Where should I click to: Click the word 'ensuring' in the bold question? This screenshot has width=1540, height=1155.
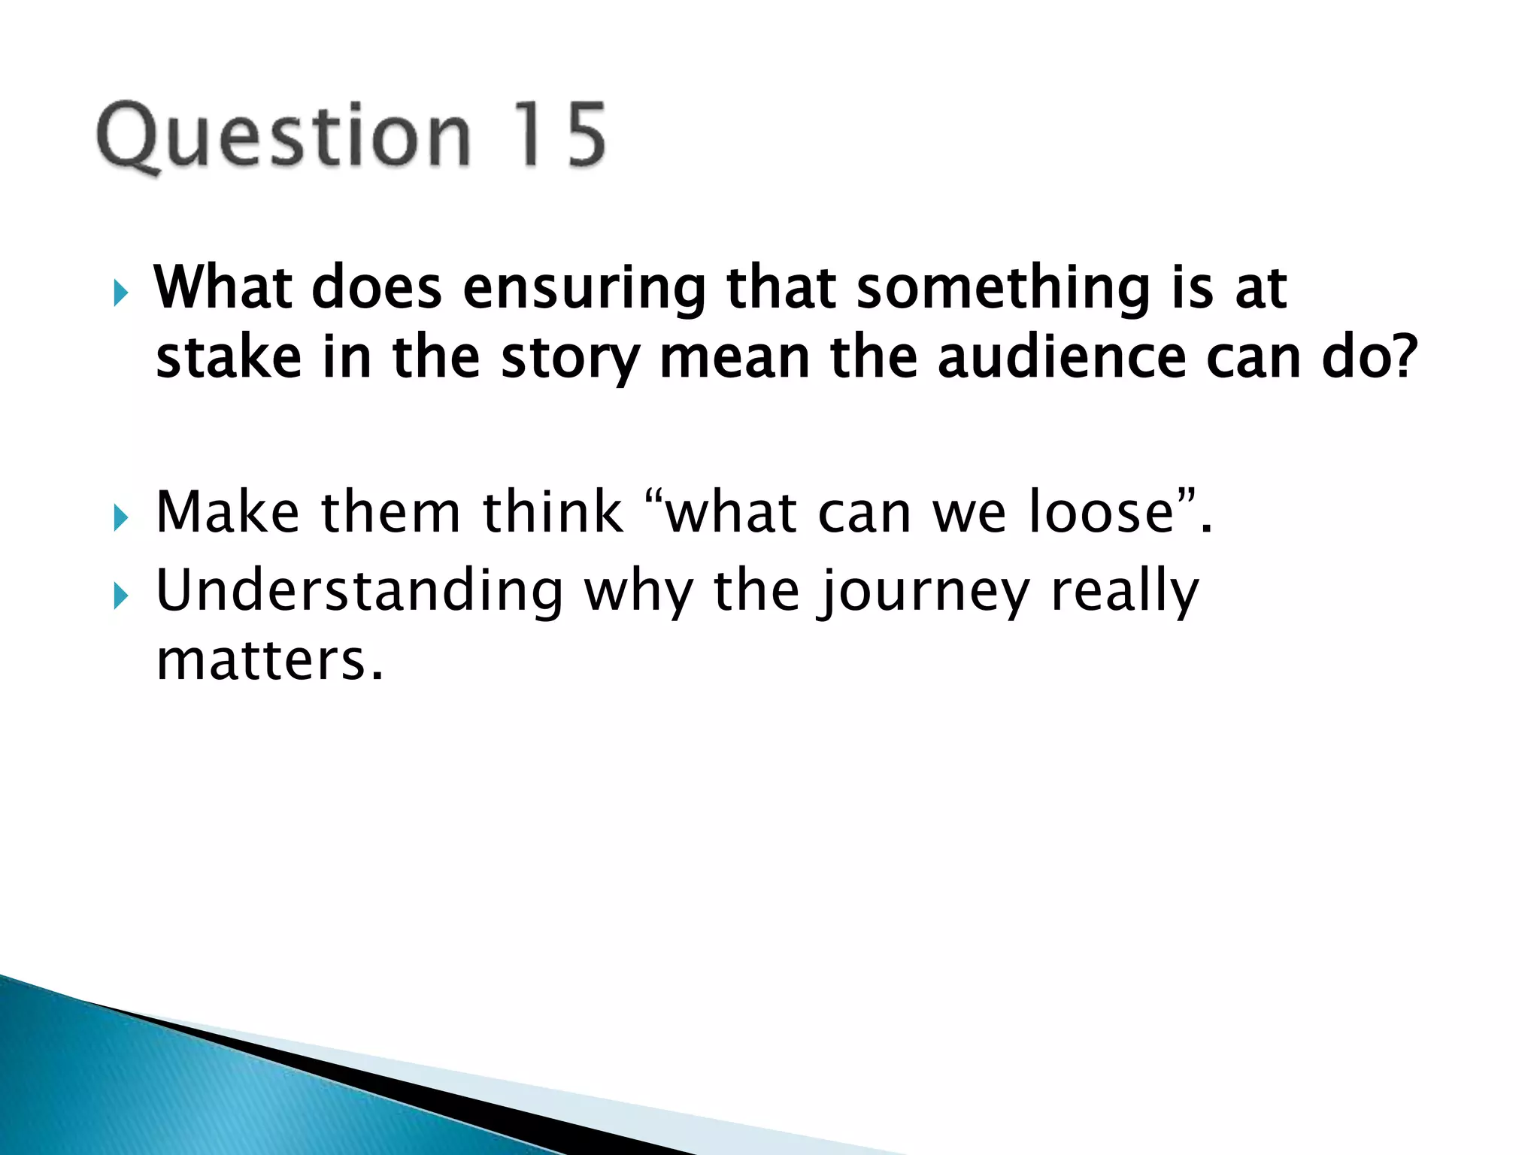584,289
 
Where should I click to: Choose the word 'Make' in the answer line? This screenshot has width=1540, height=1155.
227,512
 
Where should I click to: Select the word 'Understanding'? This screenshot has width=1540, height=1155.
359,592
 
